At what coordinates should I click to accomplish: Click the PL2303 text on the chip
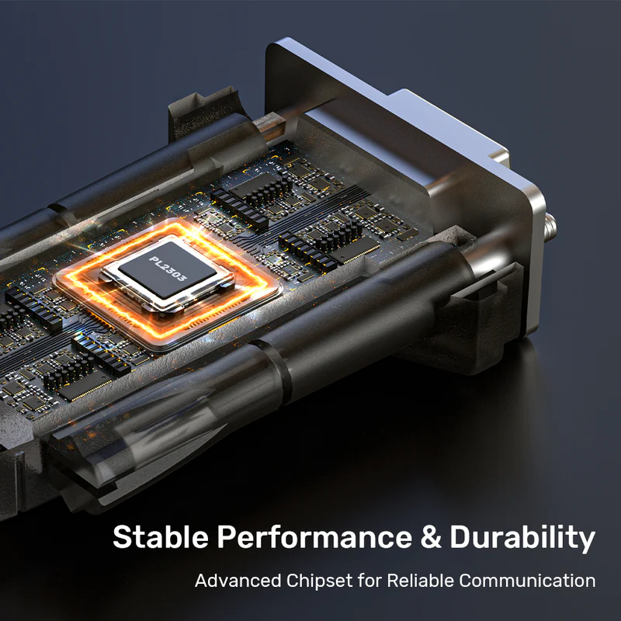click(167, 269)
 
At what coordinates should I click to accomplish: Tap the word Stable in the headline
click(161, 536)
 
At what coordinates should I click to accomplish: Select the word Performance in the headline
click(314, 536)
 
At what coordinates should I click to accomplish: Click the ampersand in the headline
click(431, 537)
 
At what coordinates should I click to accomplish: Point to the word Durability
click(522, 538)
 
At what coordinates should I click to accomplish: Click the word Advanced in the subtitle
click(238, 581)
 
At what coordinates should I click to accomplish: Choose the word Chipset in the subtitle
click(319, 581)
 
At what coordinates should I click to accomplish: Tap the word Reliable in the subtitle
click(420, 581)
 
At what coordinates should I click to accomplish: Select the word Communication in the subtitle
click(528, 581)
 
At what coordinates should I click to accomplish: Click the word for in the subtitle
click(369, 581)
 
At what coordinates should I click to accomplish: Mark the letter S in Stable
click(122, 537)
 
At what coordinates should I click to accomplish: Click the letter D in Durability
click(461, 537)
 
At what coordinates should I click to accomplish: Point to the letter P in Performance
click(227, 537)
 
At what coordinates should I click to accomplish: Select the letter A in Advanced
click(203, 581)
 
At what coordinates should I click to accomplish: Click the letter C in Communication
click(467, 581)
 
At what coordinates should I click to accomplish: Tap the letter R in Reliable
click(394, 581)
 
